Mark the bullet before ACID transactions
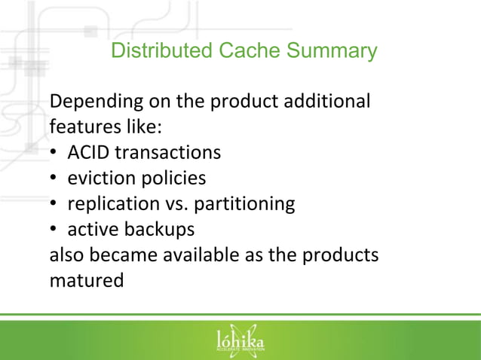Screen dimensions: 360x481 54,153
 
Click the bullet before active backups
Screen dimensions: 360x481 54,230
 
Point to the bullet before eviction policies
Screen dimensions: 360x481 54,178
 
